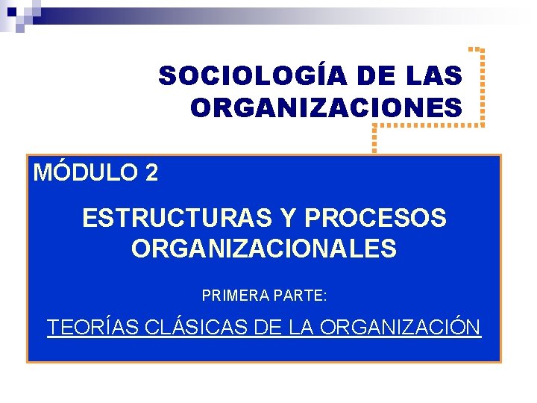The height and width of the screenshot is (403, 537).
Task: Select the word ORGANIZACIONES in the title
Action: [326, 108]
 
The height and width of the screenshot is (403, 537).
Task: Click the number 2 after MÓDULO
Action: [151, 173]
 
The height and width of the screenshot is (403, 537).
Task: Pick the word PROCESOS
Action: [377, 219]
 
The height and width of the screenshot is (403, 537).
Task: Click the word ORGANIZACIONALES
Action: [264, 249]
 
